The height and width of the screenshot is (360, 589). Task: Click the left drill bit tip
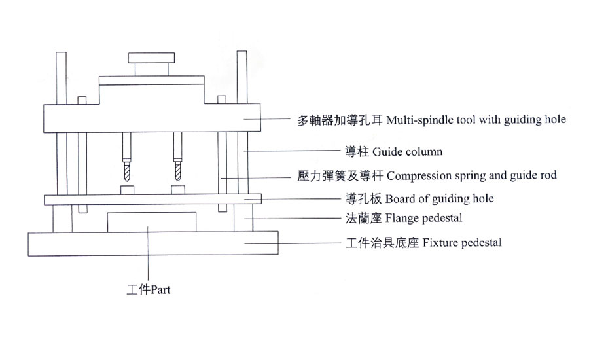click(125, 179)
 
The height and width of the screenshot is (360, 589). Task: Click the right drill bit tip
click(177, 179)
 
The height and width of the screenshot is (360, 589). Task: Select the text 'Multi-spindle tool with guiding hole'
click(476, 120)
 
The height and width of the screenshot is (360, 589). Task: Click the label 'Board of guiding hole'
click(440, 198)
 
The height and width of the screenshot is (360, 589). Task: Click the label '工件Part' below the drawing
click(149, 289)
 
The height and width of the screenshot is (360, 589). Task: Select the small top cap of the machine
click(152, 58)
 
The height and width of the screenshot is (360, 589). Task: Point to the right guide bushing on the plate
click(177, 190)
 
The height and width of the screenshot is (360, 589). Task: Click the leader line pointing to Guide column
click(294, 152)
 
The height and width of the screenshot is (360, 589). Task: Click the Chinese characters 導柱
click(357, 152)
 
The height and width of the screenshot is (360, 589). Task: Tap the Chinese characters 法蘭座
click(363, 217)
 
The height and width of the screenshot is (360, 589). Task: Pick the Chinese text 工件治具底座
click(382, 243)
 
